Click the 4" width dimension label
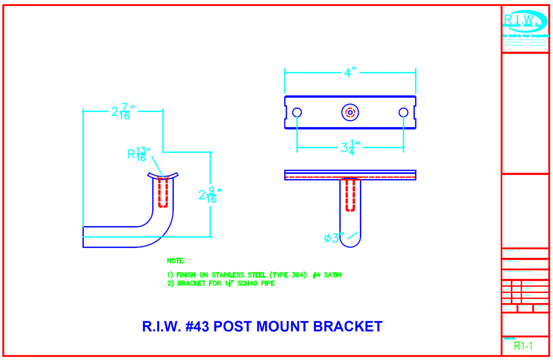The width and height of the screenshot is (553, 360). tap(350, 73)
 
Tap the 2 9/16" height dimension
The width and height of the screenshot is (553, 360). tap(207, 195)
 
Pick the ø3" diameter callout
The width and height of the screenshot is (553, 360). tap(334, 238)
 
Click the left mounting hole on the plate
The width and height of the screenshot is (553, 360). tap(297, 113)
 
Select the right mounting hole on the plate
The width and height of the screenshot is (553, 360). tap(404, 113)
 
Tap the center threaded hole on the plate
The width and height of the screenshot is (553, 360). tap(350, 113)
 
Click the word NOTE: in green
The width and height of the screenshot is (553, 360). tap(175, 261)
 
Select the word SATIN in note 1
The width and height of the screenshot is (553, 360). tap(331, 275)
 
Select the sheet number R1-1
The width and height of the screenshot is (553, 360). tap(523, 346)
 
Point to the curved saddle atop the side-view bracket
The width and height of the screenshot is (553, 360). tap(163, 175)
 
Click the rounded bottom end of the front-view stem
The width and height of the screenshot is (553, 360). tap(350, 242)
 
